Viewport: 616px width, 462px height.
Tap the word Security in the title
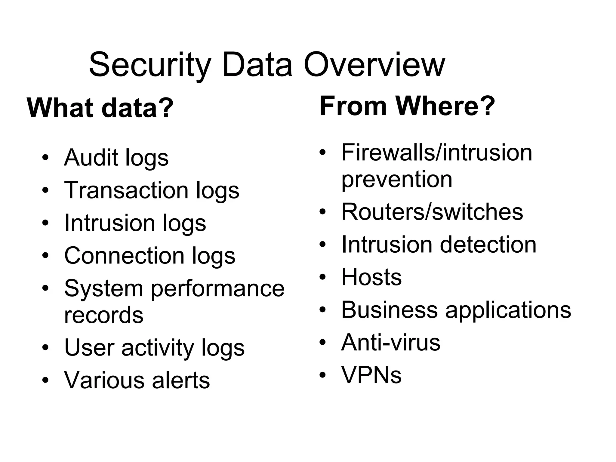pos(150,65)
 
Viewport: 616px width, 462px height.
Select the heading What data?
pos(100,108)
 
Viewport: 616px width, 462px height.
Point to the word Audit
pos(91,157)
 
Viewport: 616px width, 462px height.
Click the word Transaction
pos(126,190)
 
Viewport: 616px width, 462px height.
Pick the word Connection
pos(124,256)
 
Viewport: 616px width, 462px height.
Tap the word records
pos(104,315)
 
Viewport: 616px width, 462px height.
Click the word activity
pos(158,348)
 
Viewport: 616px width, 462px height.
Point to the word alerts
pos(181,380)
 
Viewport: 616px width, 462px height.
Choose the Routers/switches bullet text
pos(432,212)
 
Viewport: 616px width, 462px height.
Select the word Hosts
pos(371,277)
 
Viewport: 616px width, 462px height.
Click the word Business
pos(390,310)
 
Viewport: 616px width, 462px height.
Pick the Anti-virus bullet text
pos(391,342)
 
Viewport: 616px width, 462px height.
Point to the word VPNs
pos(371,375)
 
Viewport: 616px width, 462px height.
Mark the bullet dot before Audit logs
pos(45,158)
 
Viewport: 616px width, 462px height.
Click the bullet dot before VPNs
pos(322,375)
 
